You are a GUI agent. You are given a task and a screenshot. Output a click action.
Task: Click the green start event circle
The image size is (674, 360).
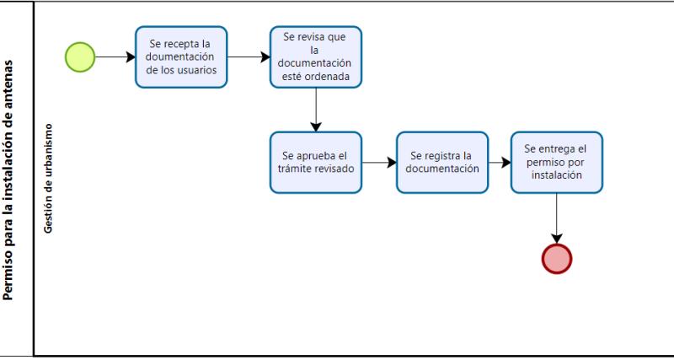tap(80, 57)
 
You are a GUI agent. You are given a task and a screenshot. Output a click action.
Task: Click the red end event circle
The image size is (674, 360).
tap(556, 258)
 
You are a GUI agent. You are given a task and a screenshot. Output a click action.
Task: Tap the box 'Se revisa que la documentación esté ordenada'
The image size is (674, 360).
tap(315, 57)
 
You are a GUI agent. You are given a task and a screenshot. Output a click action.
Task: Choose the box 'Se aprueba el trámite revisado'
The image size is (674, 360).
tap(315, 162)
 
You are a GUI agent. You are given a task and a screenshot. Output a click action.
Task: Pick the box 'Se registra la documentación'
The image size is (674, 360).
tap(442, 162)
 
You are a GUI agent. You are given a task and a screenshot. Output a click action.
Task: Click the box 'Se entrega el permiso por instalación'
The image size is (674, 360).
tap(556, 162)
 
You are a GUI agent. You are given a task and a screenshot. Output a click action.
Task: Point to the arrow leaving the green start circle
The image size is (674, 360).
tap(115, 57)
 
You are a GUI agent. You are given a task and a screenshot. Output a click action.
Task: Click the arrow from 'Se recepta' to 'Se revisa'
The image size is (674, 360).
tap(248, 57)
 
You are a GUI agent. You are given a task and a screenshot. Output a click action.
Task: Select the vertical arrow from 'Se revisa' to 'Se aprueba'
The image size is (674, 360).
tap(315, 110)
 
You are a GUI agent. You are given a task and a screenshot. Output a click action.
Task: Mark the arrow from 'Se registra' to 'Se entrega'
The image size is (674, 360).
tap(500, 162)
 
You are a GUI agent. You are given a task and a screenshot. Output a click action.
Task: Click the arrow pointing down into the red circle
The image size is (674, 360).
tap(556, 218)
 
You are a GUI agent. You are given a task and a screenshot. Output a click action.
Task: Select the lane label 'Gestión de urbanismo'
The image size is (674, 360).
tap(49, 178)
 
